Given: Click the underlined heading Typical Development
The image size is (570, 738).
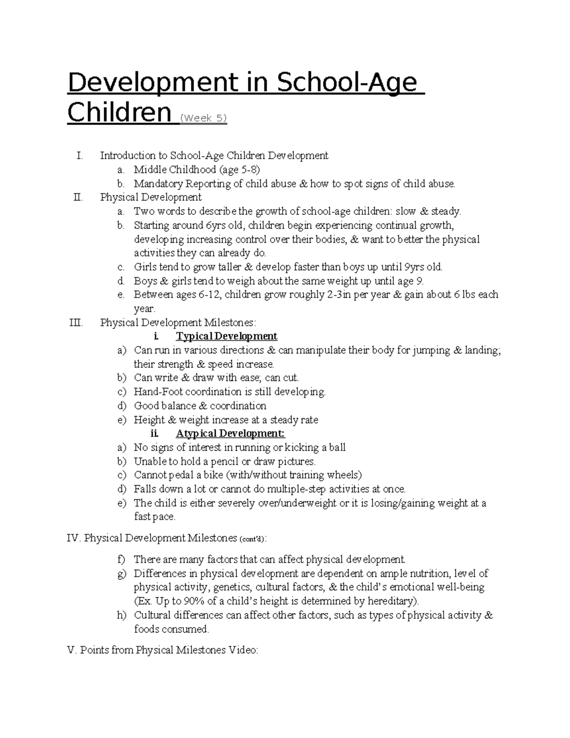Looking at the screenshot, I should click(227, 336).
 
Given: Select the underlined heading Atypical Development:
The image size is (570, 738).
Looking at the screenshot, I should click(230, 433).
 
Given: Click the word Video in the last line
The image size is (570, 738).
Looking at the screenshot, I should click(243, 650).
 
